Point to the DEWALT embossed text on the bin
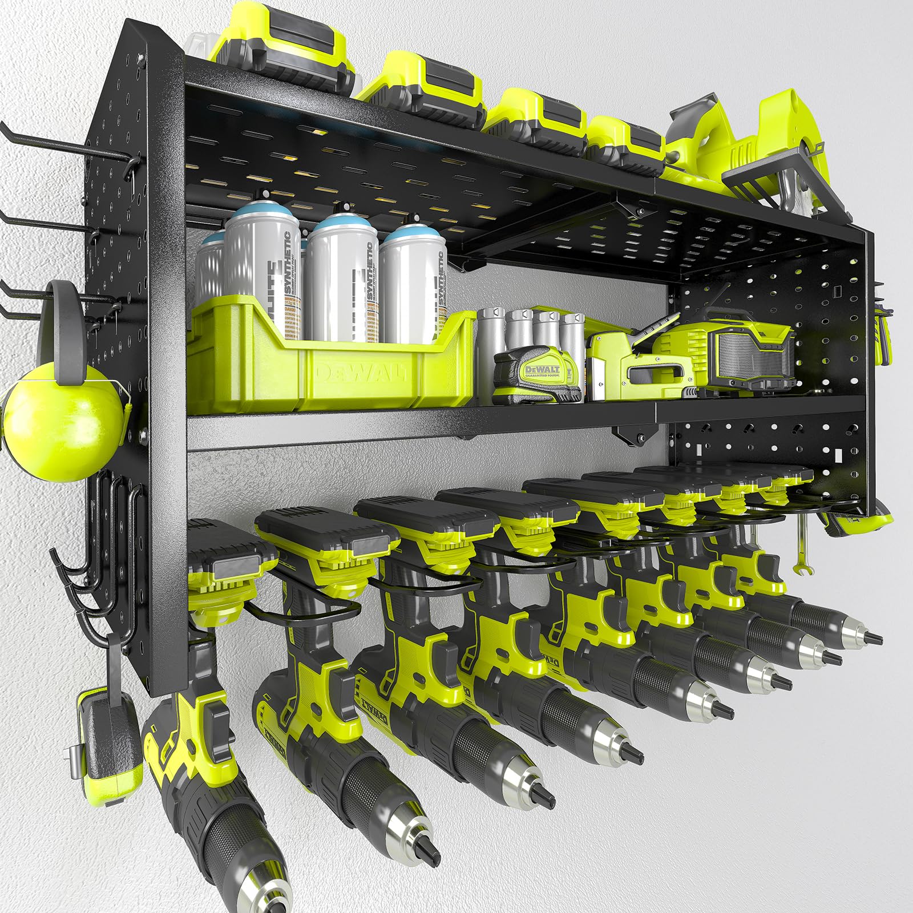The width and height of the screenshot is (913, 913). (359, 374)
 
